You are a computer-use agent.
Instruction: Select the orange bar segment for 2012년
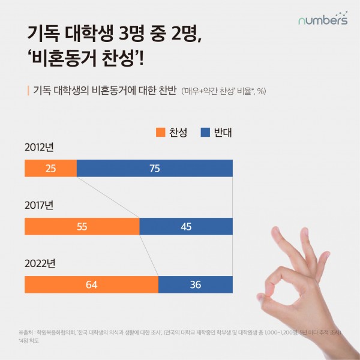tap(51, 169)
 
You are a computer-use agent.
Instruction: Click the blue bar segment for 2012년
tap(155, 169)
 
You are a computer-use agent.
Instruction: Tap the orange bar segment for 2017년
tap(82, 227)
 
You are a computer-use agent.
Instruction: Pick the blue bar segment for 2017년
tap(186, 227)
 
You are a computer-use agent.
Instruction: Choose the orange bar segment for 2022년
tap(91, 284)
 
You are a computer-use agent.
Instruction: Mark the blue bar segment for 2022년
tap(196, 284)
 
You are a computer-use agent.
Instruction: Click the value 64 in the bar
tap(91, 284)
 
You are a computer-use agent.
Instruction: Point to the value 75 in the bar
tap(155, 169)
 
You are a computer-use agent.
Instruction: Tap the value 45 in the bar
tap(186, 227)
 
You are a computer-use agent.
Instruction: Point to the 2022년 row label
tap(40, 263)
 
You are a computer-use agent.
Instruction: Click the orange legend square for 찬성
tap(160, 132)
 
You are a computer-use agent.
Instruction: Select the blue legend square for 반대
tap(204, 132)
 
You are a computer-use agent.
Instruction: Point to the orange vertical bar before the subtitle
tap(28, 91)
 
